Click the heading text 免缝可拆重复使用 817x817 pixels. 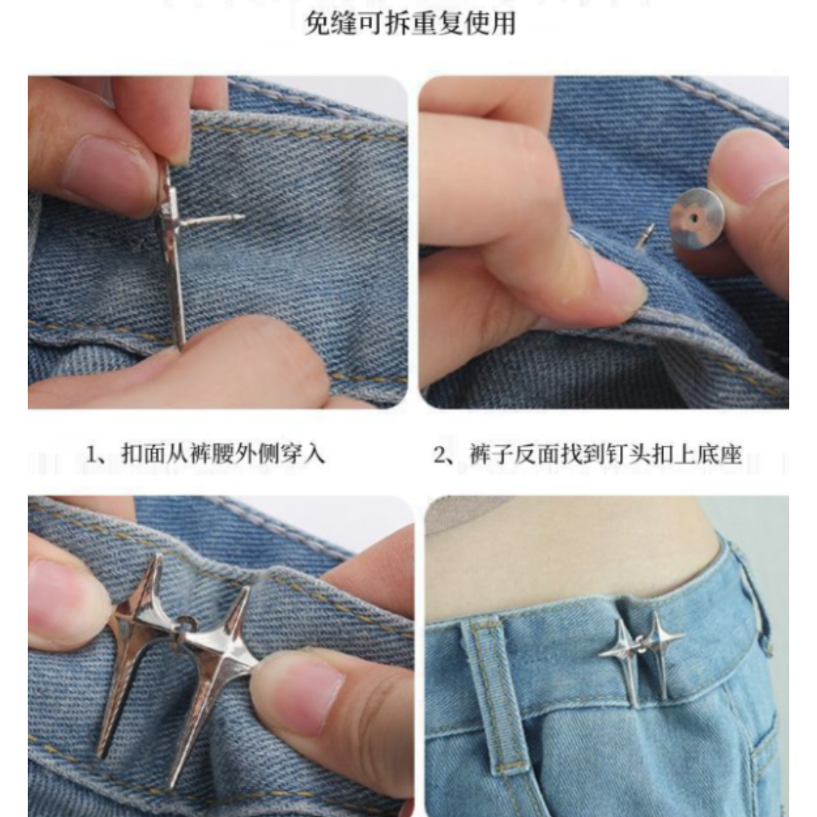coord(410,24)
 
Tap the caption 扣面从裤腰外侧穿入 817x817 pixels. coord(223,454)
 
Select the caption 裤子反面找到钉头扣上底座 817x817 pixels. coord(605,454)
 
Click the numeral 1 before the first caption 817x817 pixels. coord(92,454)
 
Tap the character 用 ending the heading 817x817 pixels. coord(503,24)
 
